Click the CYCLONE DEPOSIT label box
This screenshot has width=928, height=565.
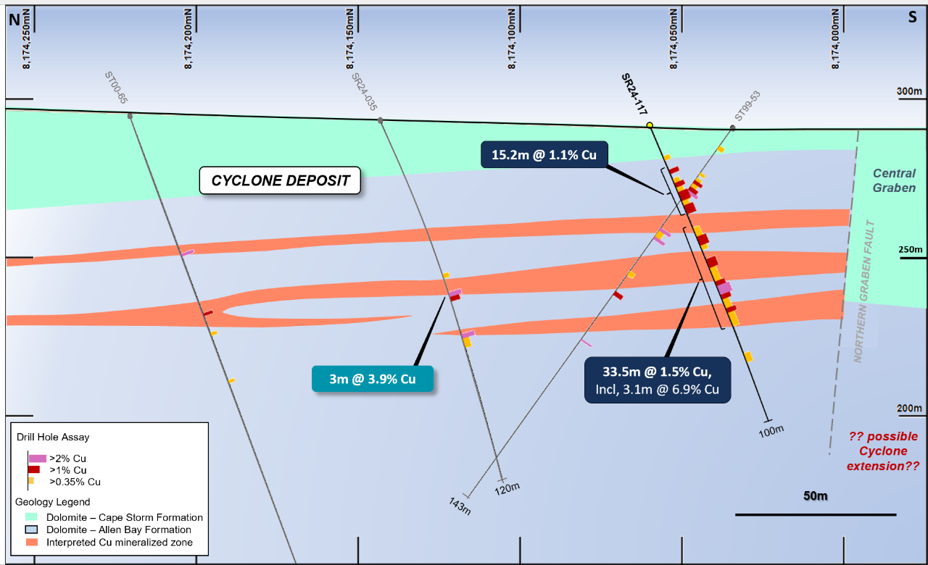click(x=280, y=180)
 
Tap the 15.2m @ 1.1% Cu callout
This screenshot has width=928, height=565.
click(x=544, y=154)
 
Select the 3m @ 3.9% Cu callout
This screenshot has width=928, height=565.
click(x=373, y=380)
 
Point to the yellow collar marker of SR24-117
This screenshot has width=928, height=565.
click(x=650, y=125)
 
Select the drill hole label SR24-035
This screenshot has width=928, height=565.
click(x=365, y=92)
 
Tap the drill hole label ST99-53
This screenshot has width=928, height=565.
click(x=747, y=106)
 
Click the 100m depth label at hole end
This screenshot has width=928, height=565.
click(x=771, y=430)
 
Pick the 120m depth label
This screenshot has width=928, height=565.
click(x=507, y=488)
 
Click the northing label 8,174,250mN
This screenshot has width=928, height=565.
click(x=27, y=40)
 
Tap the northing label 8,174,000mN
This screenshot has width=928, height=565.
click(x=837, y=40)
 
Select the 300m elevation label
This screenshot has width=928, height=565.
click(x=908, y=92)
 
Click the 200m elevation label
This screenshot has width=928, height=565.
click(x=908, y=409)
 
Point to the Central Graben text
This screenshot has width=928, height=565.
click(x=894, y=180)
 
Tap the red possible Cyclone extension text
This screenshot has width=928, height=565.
click(x=883, y=451)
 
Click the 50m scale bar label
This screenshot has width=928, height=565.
click(x=815, y=496)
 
